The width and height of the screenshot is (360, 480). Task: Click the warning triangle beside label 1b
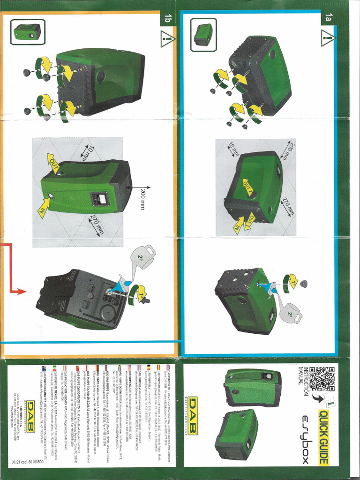(x=167, y=39)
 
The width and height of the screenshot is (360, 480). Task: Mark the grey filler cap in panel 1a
(x=304, y=283)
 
